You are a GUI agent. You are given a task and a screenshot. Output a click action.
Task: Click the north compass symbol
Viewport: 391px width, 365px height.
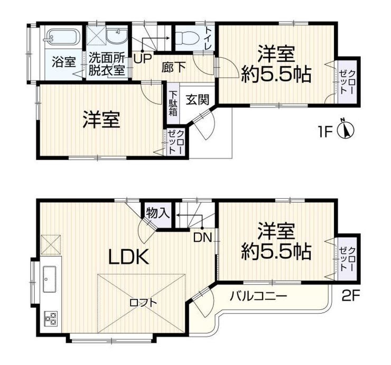346,129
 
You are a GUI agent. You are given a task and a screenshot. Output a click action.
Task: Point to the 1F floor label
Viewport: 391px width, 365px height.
325,132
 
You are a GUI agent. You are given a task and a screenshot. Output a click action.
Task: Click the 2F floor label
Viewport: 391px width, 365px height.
351,296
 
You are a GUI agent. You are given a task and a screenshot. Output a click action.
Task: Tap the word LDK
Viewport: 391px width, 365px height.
129,257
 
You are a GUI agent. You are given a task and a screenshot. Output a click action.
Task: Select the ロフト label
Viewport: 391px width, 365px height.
143,303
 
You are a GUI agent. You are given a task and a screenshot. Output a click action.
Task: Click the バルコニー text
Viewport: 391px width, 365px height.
258,297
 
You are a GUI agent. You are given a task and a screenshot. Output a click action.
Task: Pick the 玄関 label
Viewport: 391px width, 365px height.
197,100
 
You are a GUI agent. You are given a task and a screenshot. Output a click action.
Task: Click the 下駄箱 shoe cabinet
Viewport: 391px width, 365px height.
173,104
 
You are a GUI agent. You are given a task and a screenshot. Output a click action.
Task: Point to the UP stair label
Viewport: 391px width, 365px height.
142,59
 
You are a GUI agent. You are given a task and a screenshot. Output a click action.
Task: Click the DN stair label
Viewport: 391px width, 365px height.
202,238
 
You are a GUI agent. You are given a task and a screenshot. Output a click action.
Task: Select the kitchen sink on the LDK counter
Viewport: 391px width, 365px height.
50,279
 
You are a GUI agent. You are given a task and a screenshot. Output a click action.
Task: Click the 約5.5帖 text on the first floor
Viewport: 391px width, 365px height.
276,74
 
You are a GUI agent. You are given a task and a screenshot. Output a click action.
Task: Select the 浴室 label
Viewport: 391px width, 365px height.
64,62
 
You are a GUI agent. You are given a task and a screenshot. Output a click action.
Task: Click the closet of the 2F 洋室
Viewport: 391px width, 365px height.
347,259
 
